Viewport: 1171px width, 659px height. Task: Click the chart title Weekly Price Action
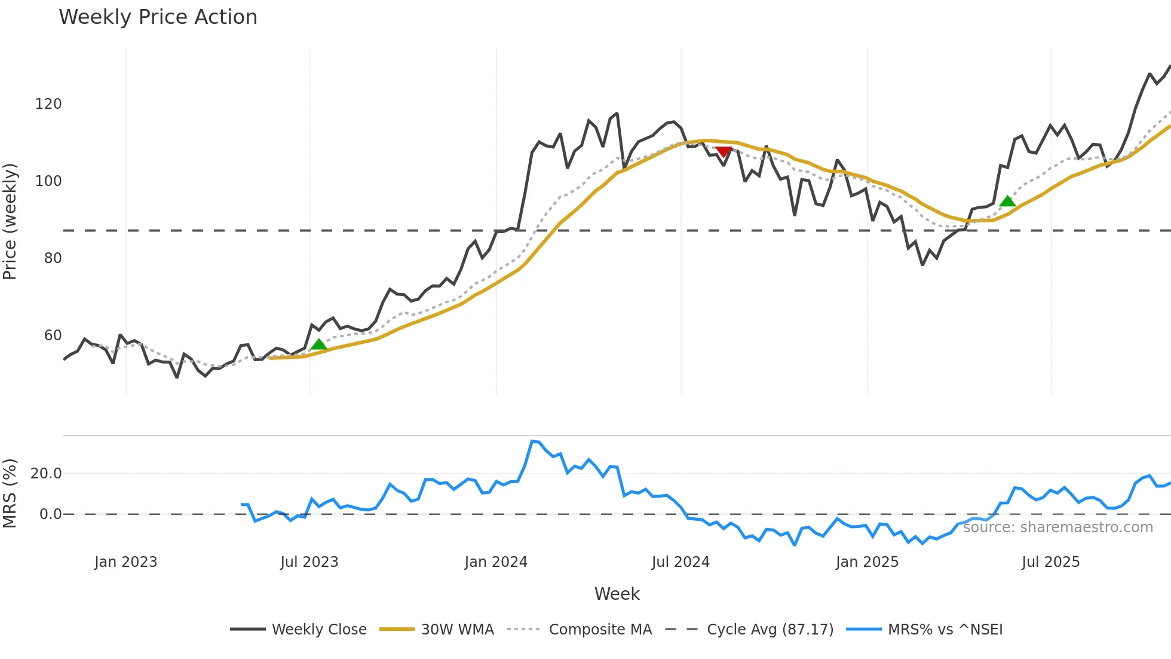tap(158, 17)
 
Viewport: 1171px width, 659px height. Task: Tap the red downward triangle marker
tap(724, 152)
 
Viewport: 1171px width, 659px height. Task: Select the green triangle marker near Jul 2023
tap(319, 344)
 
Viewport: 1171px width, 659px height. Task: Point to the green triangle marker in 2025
tap(1007, 202)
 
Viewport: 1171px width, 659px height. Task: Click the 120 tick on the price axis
tap(48, 104)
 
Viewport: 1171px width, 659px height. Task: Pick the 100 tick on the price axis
tap(48, 181)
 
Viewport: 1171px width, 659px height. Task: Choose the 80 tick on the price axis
tap(53, 258)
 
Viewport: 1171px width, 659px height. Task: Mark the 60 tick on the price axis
tap(53, 335)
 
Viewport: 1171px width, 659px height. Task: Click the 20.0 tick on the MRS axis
tap(46, 474)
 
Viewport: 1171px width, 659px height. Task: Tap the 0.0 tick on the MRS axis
tap(50, 514)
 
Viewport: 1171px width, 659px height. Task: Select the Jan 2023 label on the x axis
tap(125, 562)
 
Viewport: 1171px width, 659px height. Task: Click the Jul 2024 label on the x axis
tap(680, 562)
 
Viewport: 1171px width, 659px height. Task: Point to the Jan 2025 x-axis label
tap(867, 562)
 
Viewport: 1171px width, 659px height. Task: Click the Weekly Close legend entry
tap(319, 630)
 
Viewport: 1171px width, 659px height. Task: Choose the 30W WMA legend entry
tap(457, 630)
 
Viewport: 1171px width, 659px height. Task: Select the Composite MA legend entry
tap(600, 630)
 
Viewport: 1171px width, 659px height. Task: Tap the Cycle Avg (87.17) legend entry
tap(770, 630)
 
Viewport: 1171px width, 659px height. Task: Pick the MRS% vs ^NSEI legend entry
tap(945, 630)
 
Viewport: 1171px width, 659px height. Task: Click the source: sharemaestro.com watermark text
tap(1057, 527)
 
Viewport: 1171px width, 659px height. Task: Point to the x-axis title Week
tap(617, 594)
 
